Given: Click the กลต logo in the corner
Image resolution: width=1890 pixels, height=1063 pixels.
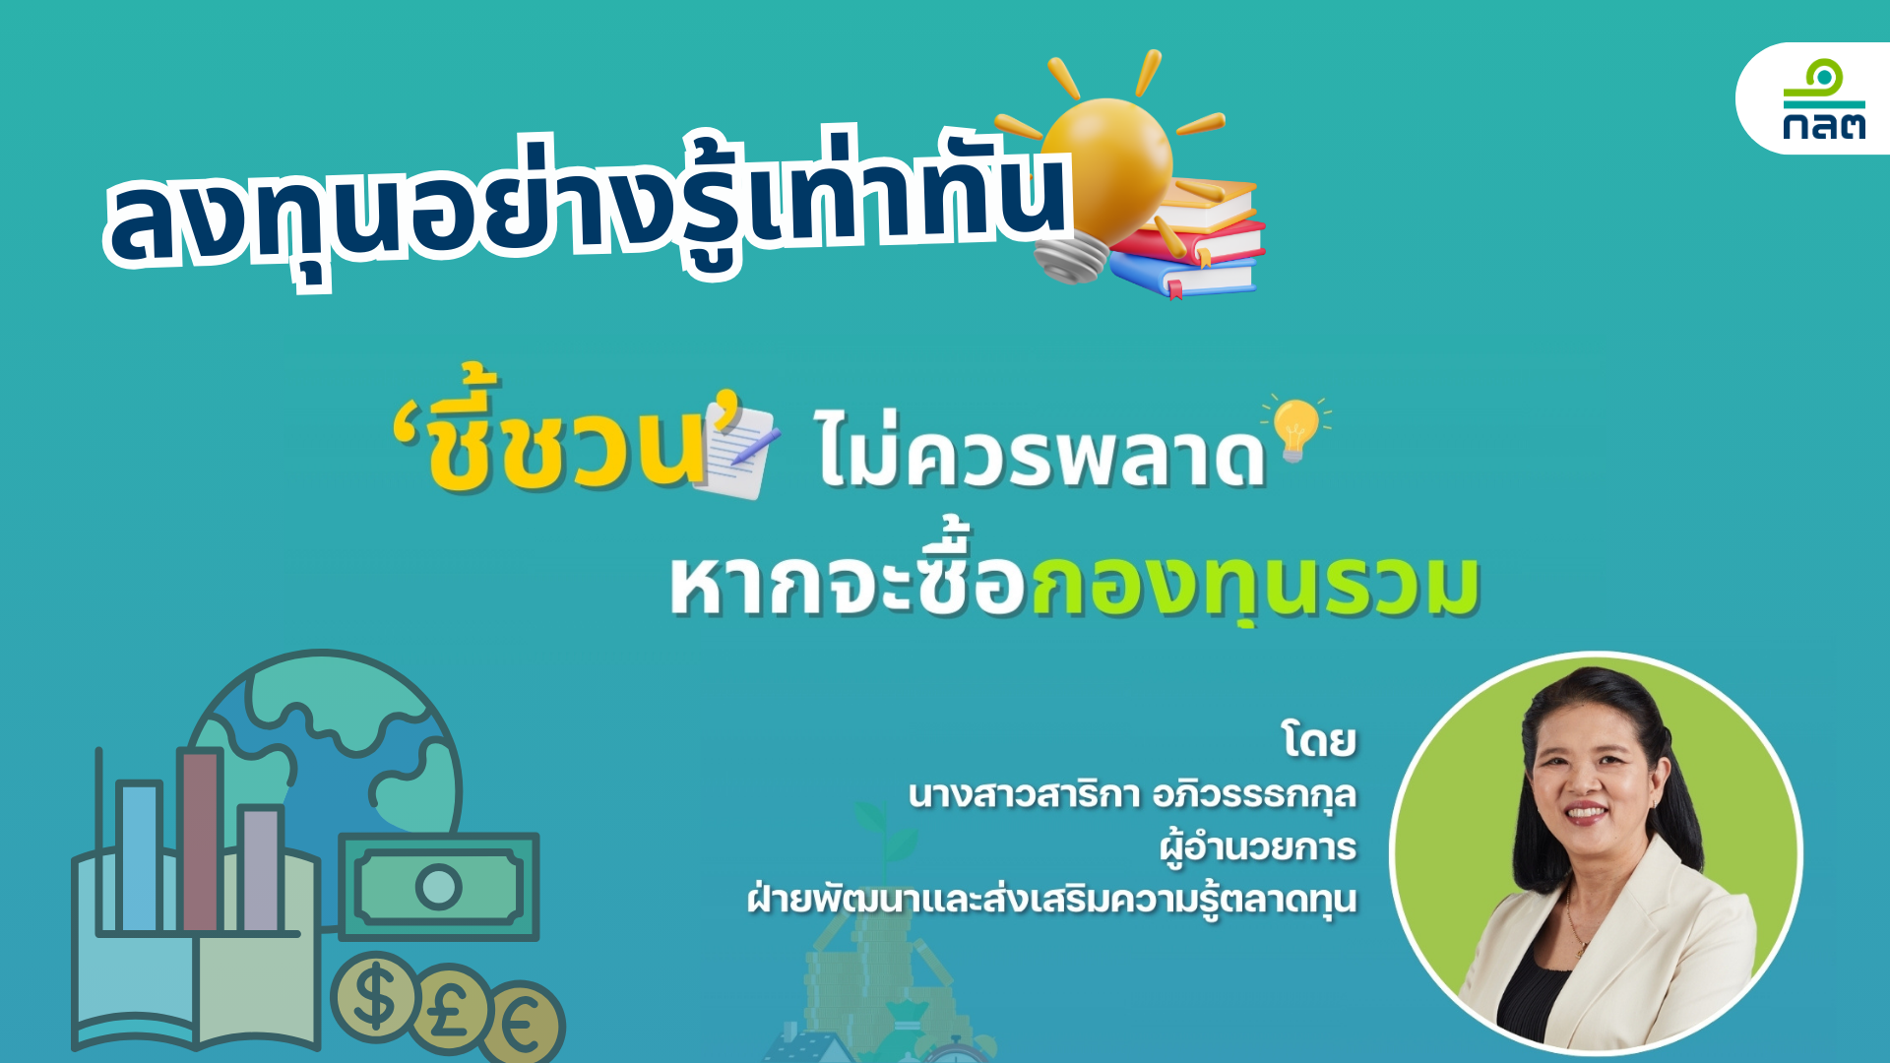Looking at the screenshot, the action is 1823,99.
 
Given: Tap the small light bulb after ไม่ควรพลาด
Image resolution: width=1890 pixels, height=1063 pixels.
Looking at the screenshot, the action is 1294,429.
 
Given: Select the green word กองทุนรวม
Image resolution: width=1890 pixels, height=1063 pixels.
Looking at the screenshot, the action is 1255,586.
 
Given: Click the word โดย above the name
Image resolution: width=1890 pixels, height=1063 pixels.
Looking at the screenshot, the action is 1319,740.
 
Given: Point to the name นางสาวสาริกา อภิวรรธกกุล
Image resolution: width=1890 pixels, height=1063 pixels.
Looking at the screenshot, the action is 1132,794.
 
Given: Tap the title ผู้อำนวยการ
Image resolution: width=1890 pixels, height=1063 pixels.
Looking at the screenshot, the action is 1258,847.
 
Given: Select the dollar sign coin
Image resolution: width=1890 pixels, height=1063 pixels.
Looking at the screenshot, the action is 375,997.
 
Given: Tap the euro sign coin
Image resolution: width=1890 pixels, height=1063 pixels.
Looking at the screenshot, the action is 526,1025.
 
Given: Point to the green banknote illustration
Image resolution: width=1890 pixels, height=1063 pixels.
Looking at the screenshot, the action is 439,886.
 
